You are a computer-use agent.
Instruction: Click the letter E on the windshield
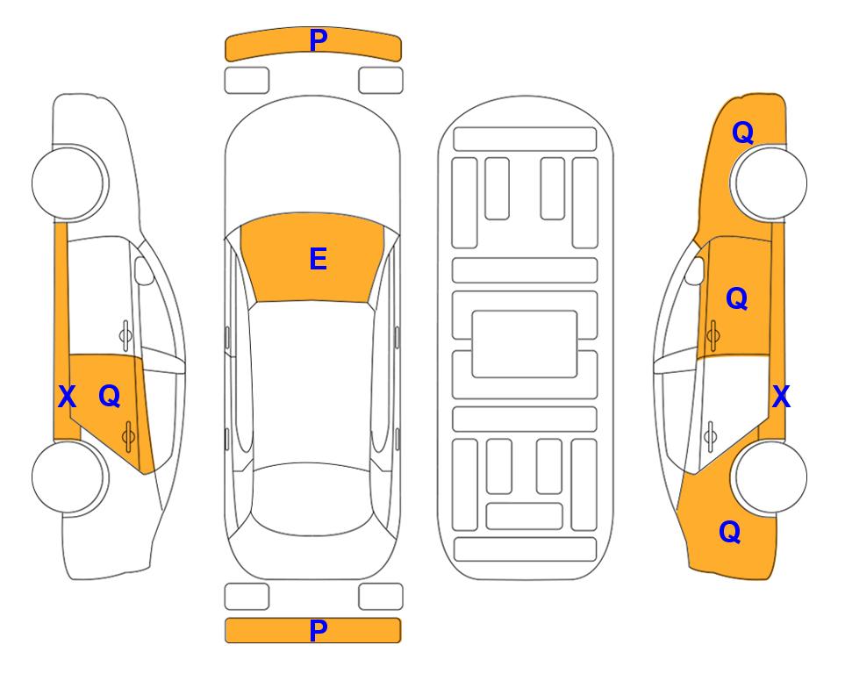click(318, 259)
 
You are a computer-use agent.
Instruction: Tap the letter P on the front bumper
click(319, 40)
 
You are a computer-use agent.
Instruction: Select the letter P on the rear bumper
click(319, 630)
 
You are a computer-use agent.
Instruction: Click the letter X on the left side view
click(67, 397)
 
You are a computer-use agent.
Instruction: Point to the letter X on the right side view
click(781, 397)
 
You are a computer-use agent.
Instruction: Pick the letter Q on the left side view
click(110, 397)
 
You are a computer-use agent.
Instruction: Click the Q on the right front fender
click(742, 133)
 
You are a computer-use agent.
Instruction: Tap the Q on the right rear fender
click(730, 532)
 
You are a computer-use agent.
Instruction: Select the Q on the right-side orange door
click(737, 298)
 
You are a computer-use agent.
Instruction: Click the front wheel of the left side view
click(68, 183)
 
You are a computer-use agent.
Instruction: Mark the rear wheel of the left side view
click(68, 477)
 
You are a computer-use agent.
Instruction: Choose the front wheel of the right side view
click(770, 183)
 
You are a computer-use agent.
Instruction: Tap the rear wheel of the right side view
click(770, 477)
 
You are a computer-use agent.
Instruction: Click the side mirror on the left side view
click(144, 270)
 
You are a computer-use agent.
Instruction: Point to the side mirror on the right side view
click(695, 270)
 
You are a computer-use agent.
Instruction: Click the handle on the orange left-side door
click(128, 436)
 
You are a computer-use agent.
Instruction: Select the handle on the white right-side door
click(711, 436)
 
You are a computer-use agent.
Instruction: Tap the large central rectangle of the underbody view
click(525, 344)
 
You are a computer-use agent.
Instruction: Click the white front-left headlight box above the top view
click(247, 81)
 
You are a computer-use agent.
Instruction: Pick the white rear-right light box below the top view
click(381, 597)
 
